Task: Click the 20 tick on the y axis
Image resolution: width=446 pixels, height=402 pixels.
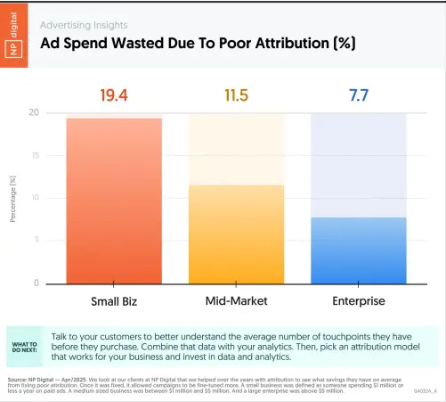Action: [x=34, y=113]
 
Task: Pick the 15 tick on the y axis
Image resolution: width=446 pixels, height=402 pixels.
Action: [x=35, y=156]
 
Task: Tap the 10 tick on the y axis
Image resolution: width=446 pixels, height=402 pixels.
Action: [x=35, y=198]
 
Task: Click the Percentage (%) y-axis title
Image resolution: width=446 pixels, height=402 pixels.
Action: [x=13, y=198]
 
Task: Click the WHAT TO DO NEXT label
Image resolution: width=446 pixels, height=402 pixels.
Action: [x=24, y=345]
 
